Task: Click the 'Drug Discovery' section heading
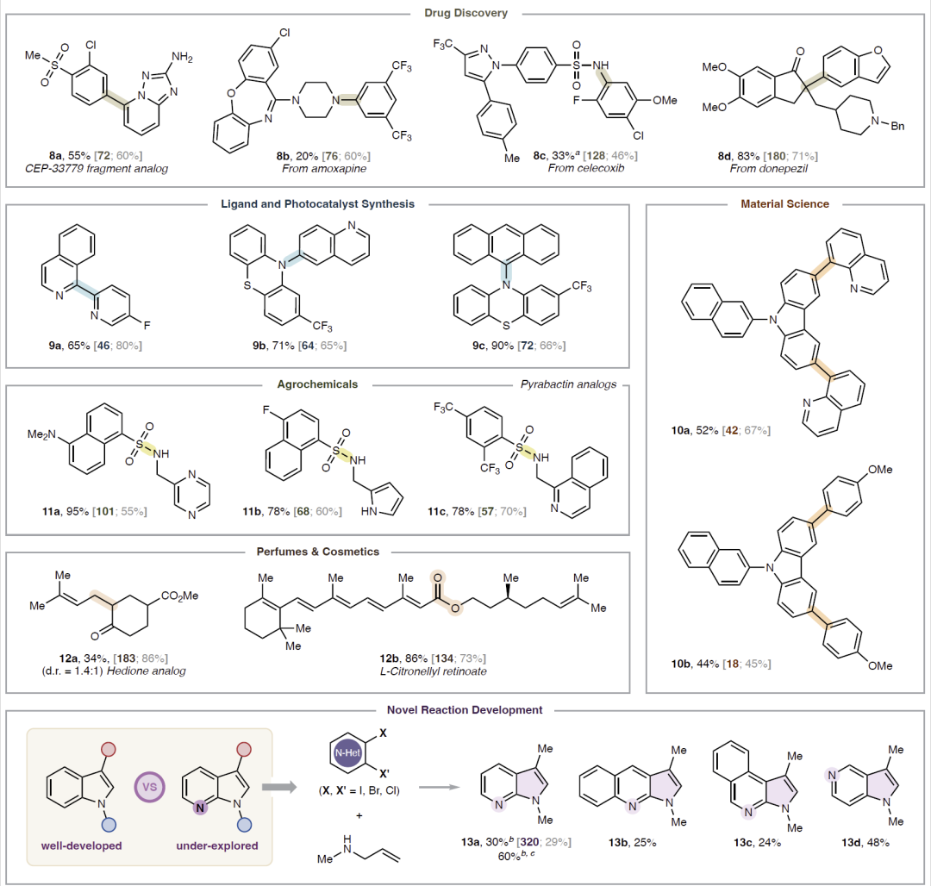(465, 13)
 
